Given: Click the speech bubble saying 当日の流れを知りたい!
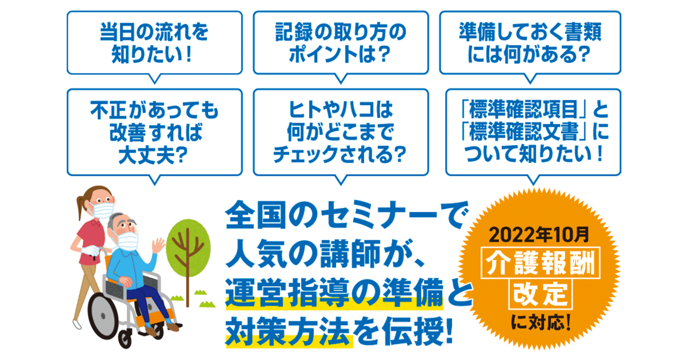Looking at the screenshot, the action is point(154,43).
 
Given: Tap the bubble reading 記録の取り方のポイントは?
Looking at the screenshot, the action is point(341,43).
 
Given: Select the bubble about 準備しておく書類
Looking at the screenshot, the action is point(530,43).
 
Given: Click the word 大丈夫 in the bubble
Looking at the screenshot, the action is point(147,155).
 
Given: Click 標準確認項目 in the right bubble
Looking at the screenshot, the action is point(524,110).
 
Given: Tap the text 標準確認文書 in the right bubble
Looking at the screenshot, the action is point(524,132).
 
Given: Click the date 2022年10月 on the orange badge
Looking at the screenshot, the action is point(539,235).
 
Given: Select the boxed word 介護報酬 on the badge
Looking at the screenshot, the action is point(541,263).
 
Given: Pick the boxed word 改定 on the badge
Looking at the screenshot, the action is point(541,294).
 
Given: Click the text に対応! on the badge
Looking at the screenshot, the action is point(541,322).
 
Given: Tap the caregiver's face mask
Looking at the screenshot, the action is point(103,210).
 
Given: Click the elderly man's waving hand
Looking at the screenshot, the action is point(158,246).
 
